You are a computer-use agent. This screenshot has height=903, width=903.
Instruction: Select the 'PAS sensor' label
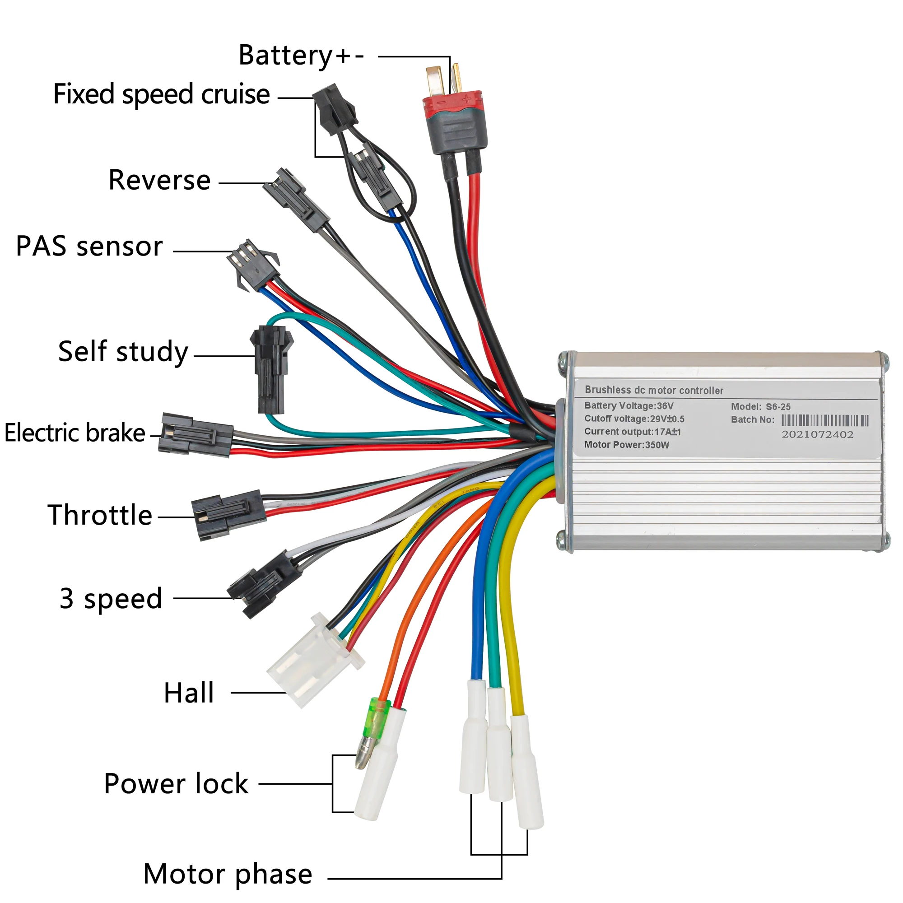coord(89,247)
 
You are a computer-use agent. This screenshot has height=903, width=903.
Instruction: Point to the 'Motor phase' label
coord(228,874)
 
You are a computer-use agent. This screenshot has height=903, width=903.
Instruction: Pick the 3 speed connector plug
coord(265,584)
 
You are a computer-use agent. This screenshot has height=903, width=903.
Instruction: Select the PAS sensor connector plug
coord(253,264)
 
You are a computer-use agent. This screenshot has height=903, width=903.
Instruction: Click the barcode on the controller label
coord(824,420)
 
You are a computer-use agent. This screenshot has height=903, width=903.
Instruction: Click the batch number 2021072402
coord(818,434)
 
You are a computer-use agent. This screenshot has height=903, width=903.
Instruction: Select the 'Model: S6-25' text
coord(760,407)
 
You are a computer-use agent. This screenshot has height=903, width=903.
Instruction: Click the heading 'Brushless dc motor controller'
coord(654,390)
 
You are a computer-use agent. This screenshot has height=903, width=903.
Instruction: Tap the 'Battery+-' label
coord(301,56)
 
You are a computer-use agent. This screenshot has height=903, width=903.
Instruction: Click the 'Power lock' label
coord(176,784)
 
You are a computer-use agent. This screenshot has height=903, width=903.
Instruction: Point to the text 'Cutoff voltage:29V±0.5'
coord(634,419)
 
